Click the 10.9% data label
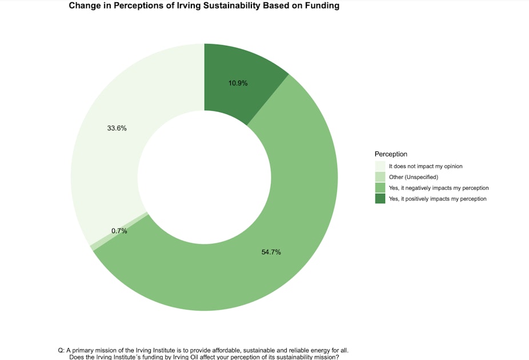pos(238,83)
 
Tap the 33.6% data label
pos(117,128)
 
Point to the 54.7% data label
pos(271,252)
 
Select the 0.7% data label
pos(119,231)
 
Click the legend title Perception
pos(391,154)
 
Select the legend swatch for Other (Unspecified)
pos(380,177)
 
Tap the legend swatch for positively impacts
pos(380,199)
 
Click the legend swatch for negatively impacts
pos(380,188)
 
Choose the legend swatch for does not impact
pos(380,166)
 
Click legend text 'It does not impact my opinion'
pos(429,166)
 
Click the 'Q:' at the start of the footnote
pos(62,350)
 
